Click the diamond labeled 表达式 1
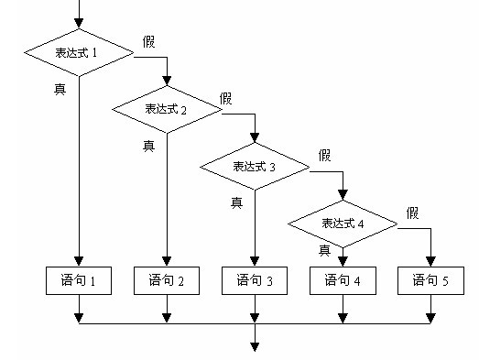tap(79, 53)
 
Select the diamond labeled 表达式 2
tap(167, 109)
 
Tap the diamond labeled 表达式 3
tap(255, 167)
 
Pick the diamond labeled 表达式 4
tap(343, 224)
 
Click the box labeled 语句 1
tap(79, 280)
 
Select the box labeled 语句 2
tap(167, 280)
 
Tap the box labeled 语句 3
tap(255, 280)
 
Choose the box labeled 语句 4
tap(343, 280)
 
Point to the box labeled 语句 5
tap(430, 280)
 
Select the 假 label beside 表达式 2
tap(227, 97)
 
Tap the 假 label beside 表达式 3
tap(326, 155)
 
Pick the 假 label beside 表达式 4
tap(413, 213)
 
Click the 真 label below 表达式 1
tap(60, 88)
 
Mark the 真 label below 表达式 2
tap(148, 145)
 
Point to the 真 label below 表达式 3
tap(236, 202)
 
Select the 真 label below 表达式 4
tap(324, 249)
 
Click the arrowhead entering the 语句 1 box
tap(79, 261)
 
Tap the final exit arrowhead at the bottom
tap(255, 346)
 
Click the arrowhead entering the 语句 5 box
tap(430, 261)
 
